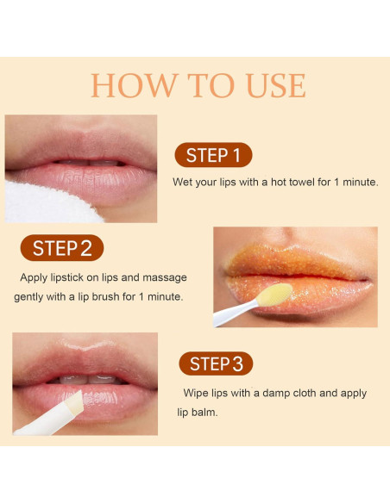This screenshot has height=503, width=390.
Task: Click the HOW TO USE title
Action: click(198, 85)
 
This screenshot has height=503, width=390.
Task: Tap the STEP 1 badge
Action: click(213, 155)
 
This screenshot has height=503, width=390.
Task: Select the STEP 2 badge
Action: click(61, 249)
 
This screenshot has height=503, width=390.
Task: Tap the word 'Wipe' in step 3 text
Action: click(195, 393)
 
